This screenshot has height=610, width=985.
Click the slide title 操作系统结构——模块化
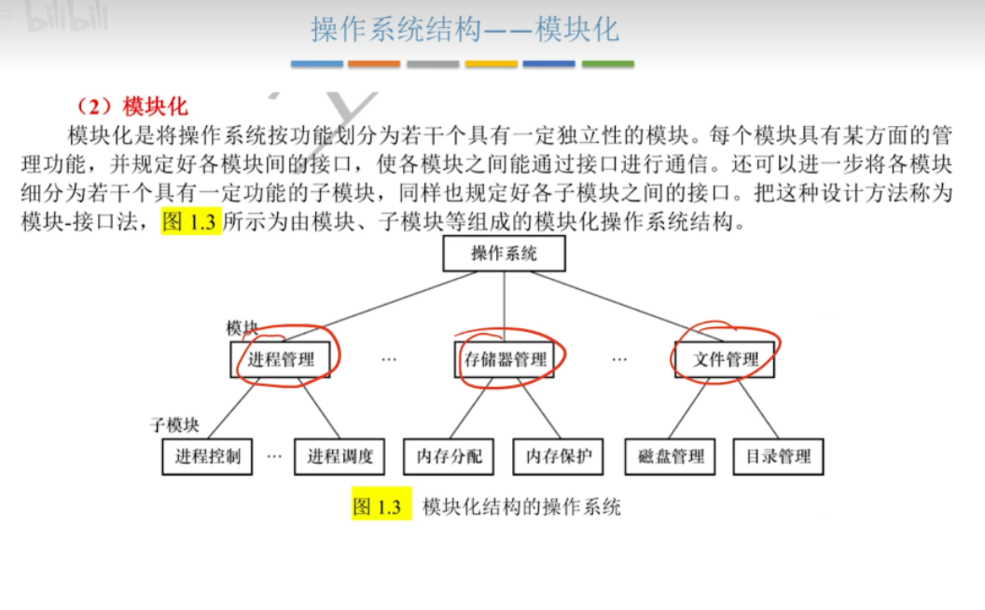coord(465,30)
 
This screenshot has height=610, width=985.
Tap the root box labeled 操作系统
coord(504,253)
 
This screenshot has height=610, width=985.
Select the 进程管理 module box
coord(281,359)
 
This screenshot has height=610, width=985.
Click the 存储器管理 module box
coord(505,359)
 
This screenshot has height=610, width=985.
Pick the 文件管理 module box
coord(726,359)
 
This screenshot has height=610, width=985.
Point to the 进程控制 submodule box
coord(207,456)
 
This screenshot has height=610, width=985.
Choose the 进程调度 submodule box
coord(340,456)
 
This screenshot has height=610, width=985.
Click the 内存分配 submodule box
coord(449,456)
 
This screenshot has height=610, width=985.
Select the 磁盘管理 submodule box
coord(671,456)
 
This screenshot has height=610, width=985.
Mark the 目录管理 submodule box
coord(778,456)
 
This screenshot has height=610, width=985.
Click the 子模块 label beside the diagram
coord(174,425)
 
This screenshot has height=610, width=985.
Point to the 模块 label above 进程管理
coord(242,328)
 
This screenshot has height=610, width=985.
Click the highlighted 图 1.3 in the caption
coord(381,506)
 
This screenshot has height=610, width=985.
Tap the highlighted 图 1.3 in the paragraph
coord(191,223)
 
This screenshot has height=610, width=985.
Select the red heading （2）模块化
coord(132,105)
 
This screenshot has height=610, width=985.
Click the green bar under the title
coord(608,63)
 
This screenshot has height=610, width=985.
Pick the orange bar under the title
coord(375,63)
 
